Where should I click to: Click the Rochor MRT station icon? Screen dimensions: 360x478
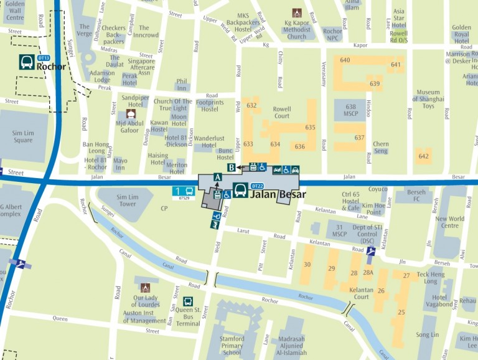click(x=27, y=62)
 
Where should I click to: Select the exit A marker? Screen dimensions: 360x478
click(x=217, y=177)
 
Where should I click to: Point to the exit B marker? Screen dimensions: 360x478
click(x=232, y=167)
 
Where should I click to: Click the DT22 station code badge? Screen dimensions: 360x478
click(x=256, y=186)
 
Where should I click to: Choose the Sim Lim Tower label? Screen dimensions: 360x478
click(x=127, y=200)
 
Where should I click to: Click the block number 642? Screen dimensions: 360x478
click(x=424, y=156)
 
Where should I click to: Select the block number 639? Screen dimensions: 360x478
click(x=375, y=83)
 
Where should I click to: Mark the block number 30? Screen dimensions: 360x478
click(x=307, y=265)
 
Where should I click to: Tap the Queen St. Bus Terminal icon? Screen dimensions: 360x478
click(x=188, y=301)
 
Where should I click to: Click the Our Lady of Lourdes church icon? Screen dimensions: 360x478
click(x=145, y=288)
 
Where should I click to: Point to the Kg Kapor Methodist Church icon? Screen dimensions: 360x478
click(x=297, y=12)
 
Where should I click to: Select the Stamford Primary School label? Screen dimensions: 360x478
click(x=232, y=346)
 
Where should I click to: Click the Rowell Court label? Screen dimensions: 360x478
click(x=282, y=112)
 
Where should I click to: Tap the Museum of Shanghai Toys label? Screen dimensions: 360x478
click(x=428, y=99)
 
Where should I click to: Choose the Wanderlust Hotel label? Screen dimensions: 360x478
click(x=213, y=142)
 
